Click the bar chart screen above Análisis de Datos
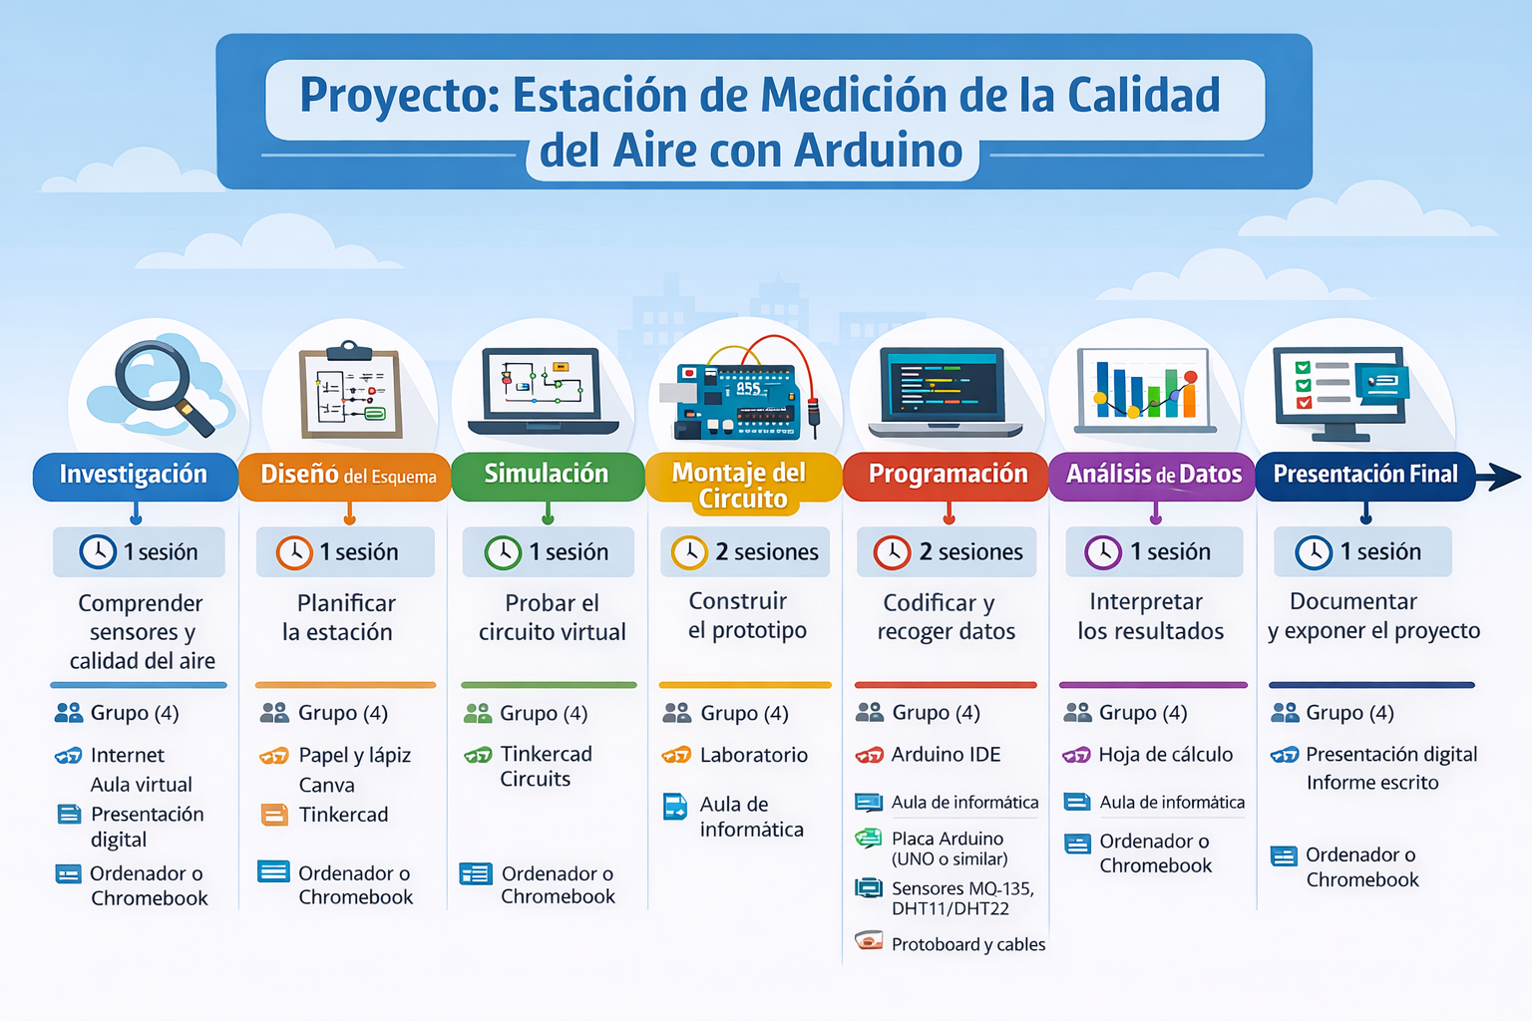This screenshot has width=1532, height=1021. tap(1145, 389)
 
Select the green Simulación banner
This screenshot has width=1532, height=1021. tap(547, 475)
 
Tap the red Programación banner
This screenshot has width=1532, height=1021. tap(947, 475)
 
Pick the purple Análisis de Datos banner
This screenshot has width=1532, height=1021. tap(1153, 476)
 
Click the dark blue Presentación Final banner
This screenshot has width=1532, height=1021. tap(1364, 475)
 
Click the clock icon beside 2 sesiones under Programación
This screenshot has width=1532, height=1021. tap(892, 552)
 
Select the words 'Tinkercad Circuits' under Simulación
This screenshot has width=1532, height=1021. tap(545, 767)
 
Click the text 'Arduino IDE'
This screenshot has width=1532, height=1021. tap(946, 755)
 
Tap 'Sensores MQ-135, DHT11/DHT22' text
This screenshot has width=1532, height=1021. tap(961, 897)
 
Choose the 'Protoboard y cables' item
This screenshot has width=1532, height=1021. tap(967, 944)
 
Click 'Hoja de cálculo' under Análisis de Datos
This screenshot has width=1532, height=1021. tap(1165, 755)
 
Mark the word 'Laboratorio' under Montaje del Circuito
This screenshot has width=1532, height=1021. tap(753, 756)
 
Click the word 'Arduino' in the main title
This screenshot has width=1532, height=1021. tap(879, 152)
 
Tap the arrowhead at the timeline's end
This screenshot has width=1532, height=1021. tap(1506, 477)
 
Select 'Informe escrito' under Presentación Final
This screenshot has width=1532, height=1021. tap(1372, 784)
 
